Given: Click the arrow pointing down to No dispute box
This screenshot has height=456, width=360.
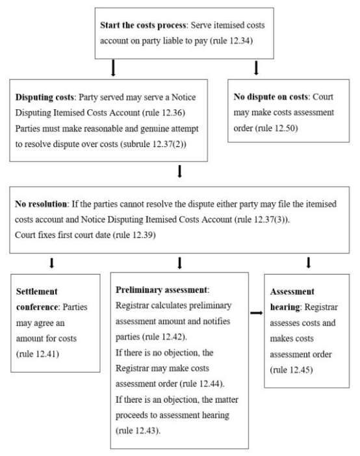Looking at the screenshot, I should click(x=256, y=68).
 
